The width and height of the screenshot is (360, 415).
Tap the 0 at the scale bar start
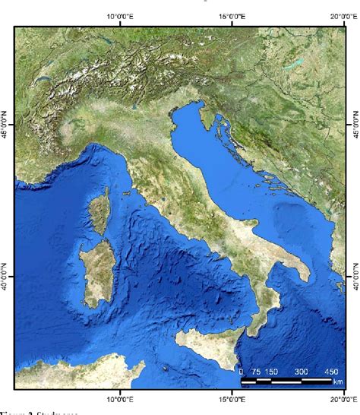(x=241, y=372)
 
